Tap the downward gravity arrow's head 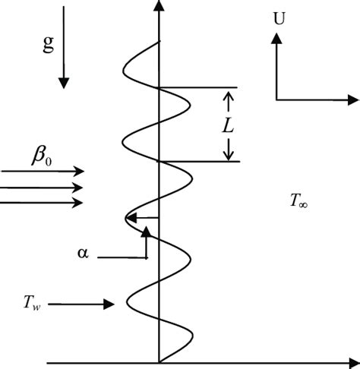click(x=63, y=80)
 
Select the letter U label click(x=279, y=17)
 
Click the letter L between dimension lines click(x=227, y=126)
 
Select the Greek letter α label click(x=83, y=254)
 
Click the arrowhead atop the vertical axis click(x=158, y=7)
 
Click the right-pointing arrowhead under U click(x=353, y=99)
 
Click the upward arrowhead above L click(x=227, y=96)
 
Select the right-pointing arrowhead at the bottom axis click(x=353, y=362)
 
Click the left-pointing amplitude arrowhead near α click(x=130, y=219)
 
